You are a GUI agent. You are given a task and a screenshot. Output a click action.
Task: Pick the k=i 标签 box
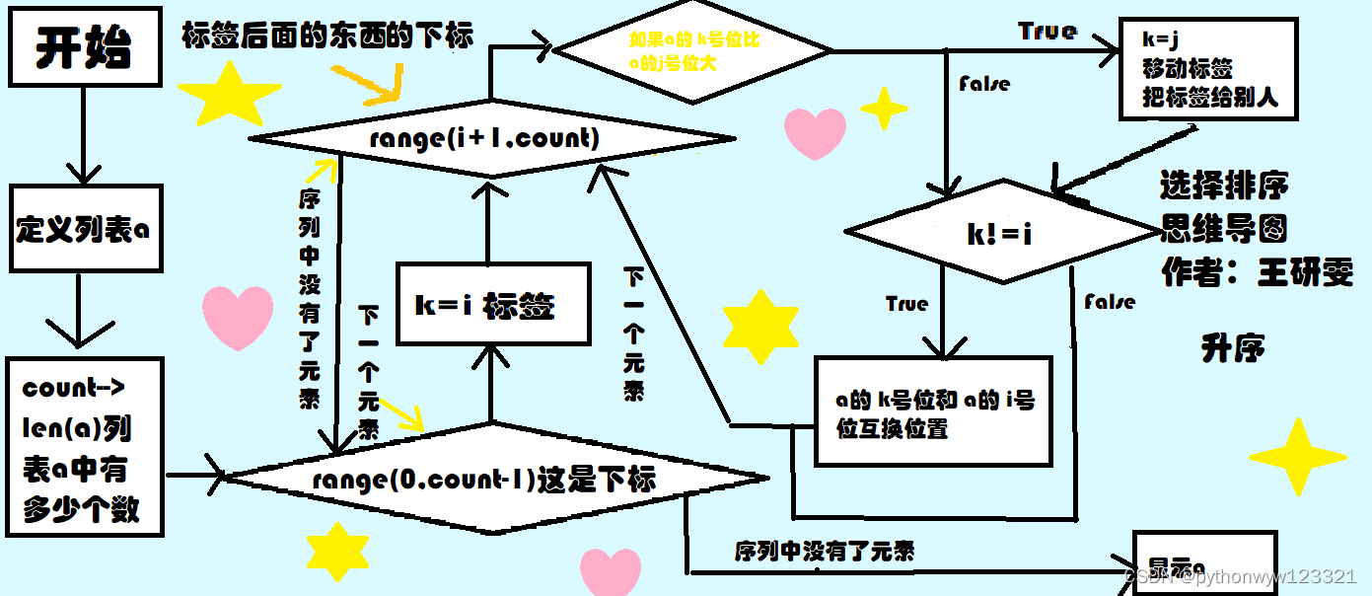492,304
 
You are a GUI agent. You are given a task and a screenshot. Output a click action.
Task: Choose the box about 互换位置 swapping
932,411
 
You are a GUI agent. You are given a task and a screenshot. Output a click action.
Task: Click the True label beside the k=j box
1047,32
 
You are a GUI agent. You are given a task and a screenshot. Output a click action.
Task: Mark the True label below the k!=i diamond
906,304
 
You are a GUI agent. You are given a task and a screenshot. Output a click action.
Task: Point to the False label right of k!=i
1110,302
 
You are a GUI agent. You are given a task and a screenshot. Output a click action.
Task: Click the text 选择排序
1224,186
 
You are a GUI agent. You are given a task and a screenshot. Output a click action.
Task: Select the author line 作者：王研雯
1258,274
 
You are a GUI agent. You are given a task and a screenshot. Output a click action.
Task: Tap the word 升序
1233,347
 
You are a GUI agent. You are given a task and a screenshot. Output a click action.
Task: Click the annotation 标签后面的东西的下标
327,36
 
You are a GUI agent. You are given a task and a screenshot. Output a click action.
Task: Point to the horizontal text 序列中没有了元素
824,551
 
